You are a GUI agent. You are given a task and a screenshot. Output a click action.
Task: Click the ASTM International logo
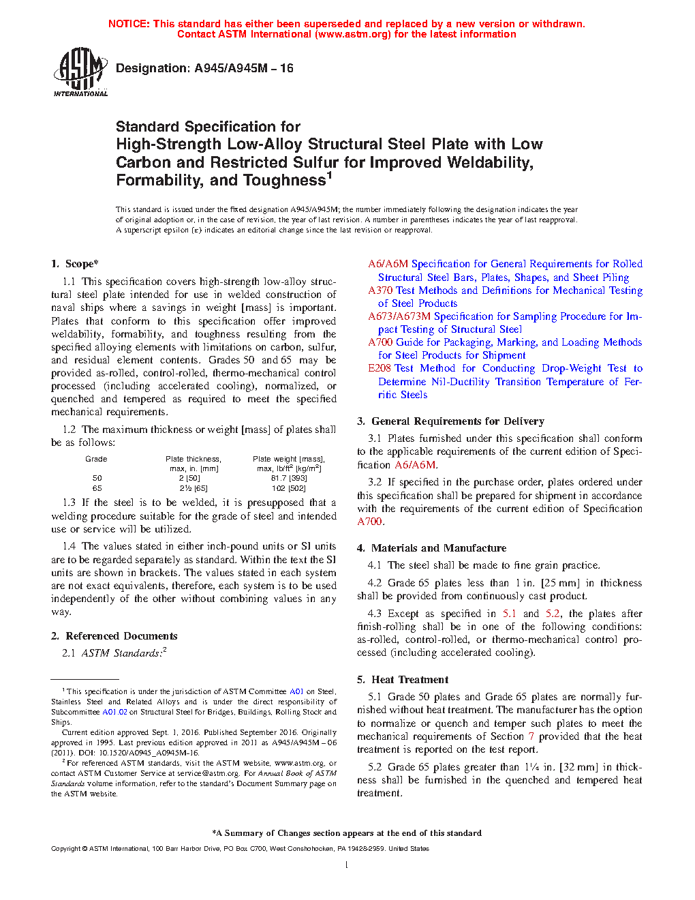pos(80,72)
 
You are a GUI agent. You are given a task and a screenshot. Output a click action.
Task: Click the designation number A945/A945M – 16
pos(244,68)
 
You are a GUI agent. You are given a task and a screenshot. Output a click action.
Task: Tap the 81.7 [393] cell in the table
pos(288,479)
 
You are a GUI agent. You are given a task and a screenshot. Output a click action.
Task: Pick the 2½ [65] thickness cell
pos(194,489)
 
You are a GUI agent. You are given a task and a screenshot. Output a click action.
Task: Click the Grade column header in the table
pos(96,459)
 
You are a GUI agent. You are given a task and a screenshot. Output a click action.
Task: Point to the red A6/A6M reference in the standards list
pos(388,264)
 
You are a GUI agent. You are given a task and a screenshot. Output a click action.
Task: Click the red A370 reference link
pos(380,290)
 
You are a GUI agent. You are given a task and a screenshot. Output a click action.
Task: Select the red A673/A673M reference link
pos(399,316)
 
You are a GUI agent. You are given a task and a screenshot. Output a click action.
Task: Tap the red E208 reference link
pos(380,368)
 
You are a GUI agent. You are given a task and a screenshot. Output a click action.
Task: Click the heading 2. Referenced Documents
pos(114,636)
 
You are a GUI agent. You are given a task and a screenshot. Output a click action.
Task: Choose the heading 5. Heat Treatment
pos(403,680)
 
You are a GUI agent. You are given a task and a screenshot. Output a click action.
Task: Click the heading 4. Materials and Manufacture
pos(431,548)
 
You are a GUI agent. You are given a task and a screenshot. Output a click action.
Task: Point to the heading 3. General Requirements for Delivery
pos(450,421)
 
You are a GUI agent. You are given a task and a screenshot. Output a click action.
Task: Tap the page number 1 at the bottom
pos(347,865)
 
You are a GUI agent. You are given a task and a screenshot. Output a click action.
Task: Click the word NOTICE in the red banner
pos(129,24)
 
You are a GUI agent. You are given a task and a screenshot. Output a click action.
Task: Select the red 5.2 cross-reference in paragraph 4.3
pos(553,614)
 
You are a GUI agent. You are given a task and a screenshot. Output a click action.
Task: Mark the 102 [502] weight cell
pos(288,489)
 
